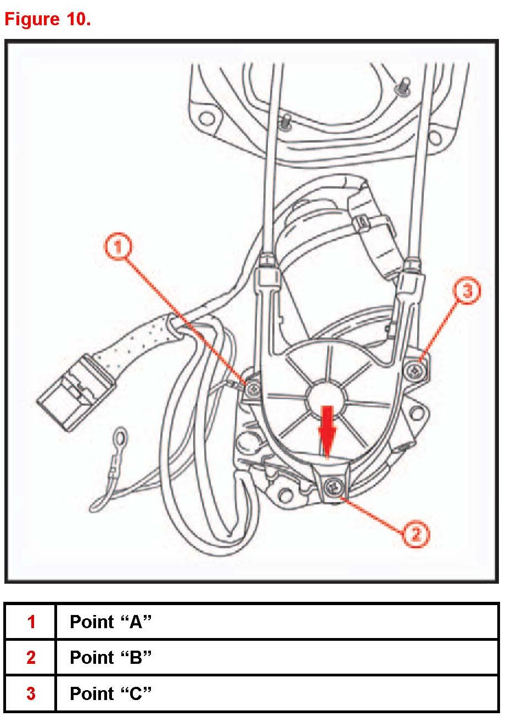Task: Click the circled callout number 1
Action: (x=118, y=248)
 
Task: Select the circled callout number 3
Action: (x=467, y=291)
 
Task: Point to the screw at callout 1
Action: (x=252, y=389)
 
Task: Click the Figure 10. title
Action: (x=48, y=19)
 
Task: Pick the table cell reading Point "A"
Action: (x=110, y=622)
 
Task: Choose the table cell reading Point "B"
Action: (x=110, y=657)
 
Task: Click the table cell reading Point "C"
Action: (x=110, y=693)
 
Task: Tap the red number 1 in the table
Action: (x=31, y=622)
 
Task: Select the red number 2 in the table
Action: (x=31, y=657)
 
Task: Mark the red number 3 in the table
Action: (x=31, y=693)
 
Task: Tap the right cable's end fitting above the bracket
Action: (x=410, y=275)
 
